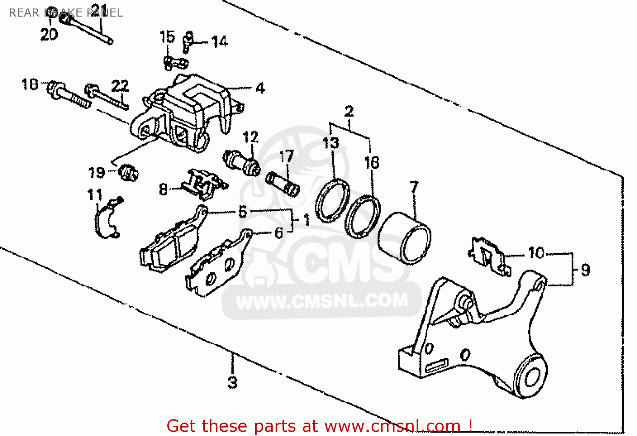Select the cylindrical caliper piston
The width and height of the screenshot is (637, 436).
[404, 239]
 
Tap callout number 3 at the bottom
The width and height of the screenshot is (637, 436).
[232, 382]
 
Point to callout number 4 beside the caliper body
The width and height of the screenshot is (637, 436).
[260, 88]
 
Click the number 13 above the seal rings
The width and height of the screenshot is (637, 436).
[331, 143]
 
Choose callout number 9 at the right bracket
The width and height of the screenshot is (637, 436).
[586, 270]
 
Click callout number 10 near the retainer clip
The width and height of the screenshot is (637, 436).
[536, 253]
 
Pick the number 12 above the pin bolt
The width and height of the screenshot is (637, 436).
[251, 137]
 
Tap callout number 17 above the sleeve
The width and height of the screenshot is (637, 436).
[287, 156]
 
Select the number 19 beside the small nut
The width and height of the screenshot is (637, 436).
[96, 173]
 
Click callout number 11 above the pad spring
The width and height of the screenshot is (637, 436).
[95, 195]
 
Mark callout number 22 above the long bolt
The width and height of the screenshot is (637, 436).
[120, 86]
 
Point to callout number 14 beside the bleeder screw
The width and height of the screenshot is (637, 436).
[220, 42]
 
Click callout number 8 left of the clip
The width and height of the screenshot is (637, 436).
[163, 189]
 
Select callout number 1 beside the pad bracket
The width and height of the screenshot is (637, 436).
[307, 220]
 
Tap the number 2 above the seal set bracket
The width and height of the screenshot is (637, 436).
[349, 111]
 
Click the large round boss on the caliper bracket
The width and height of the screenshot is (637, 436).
[531, 377]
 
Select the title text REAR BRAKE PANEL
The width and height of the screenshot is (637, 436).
[66, 13]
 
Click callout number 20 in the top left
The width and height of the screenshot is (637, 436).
[49, 34]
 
